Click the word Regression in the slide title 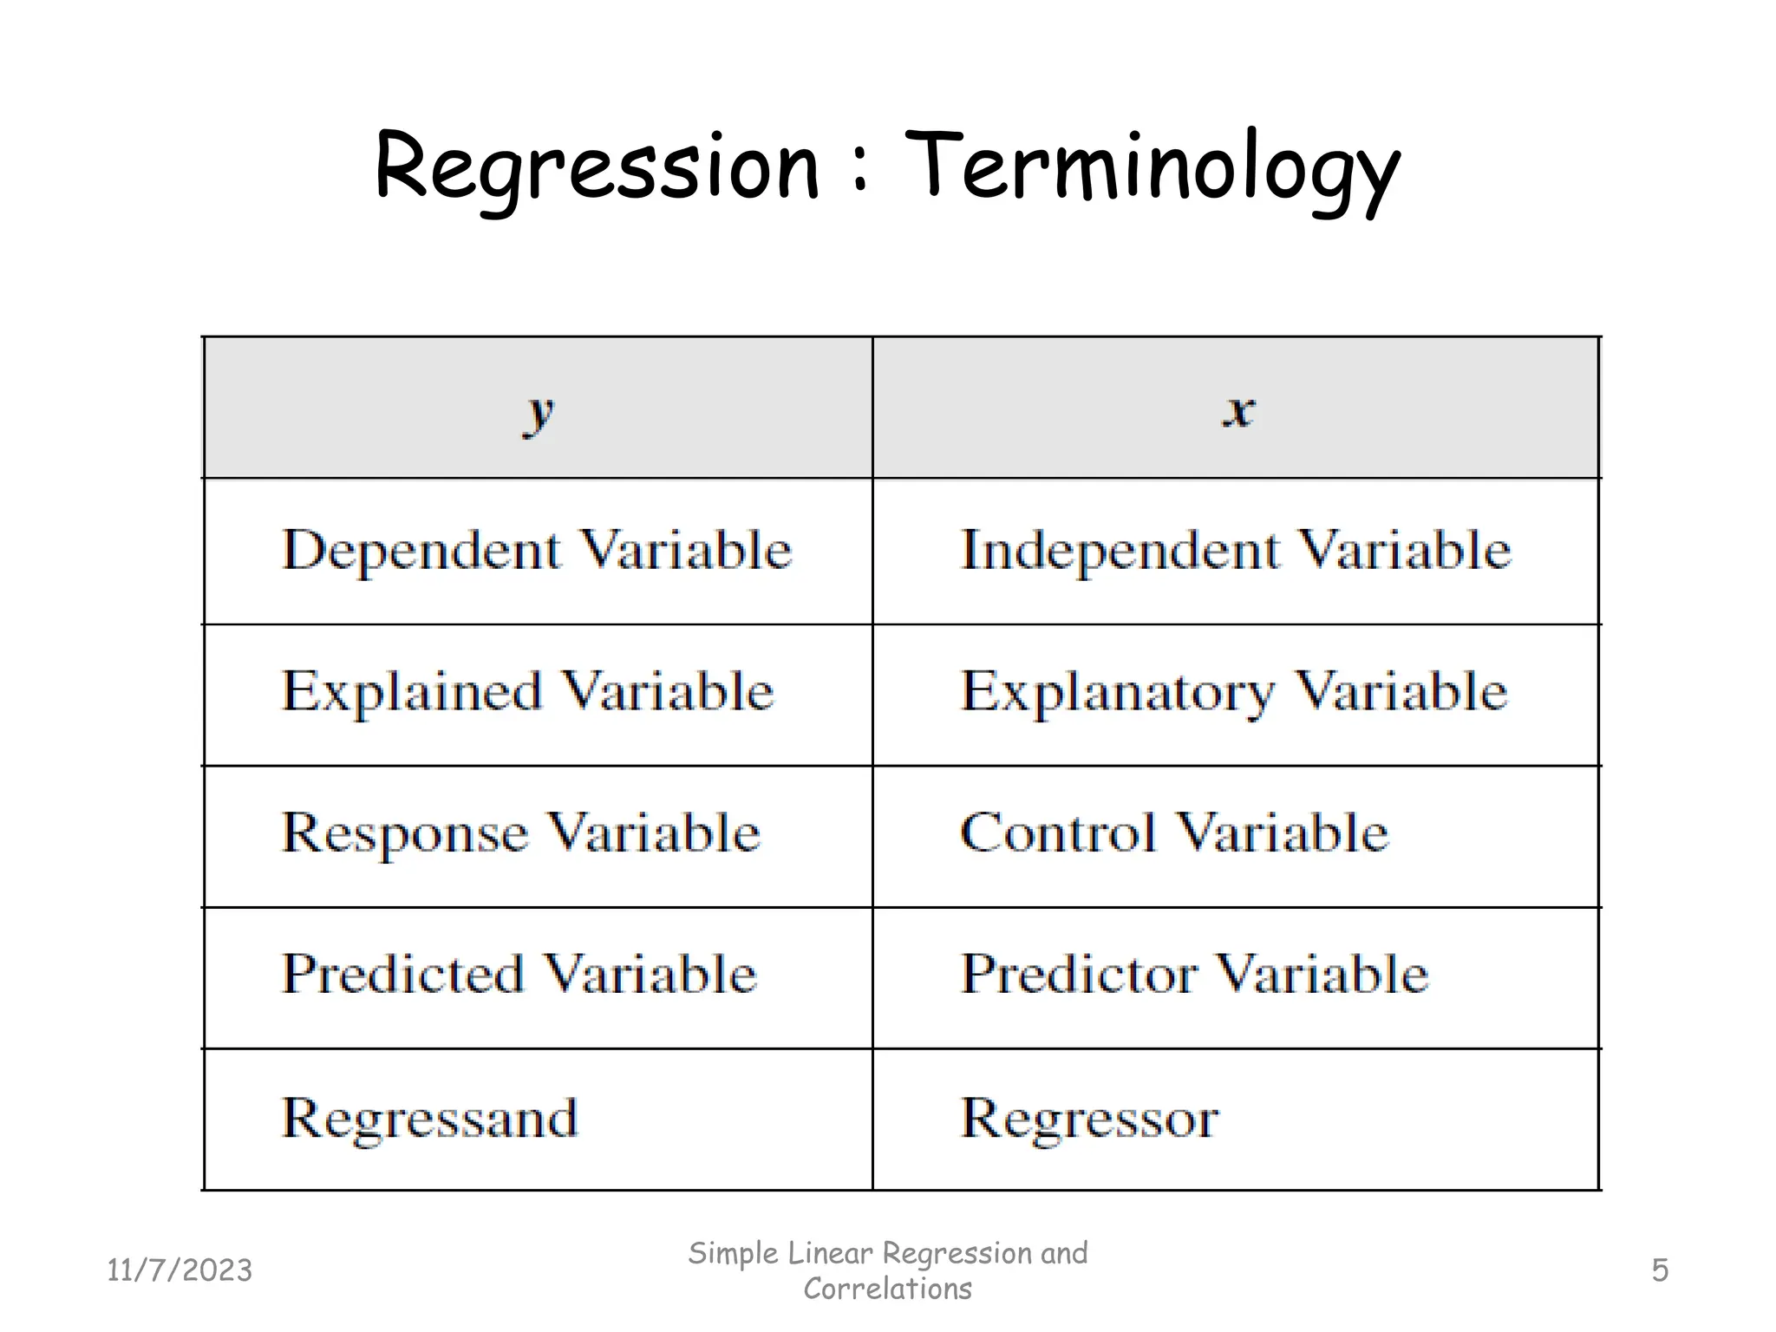(x=597, y=166)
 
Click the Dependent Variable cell (x=537, y=551)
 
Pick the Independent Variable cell (x=1235, y=551)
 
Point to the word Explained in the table (x=411, y=692)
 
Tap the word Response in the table (x=405, y=834)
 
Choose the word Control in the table (x=1058, y=833)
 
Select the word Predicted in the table (x=402, y=974)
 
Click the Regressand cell (x=429, y=1119)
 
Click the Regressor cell (x=1089, y=1119)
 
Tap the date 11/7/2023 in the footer (x=180, y=1270)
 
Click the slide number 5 (x=1659, y=1270)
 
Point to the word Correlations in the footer (x=887, y=1289)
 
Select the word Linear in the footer (x=831, y=1253)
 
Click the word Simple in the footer (x=734, y=1254)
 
